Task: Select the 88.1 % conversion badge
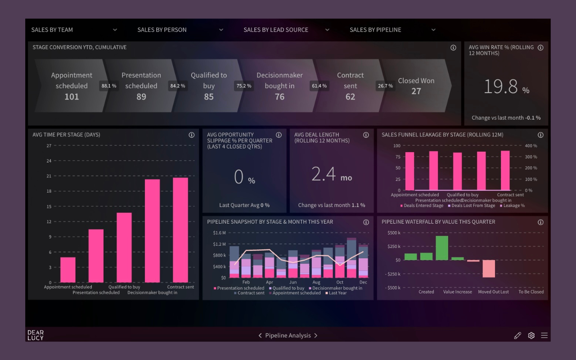109,86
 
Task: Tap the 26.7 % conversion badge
385,86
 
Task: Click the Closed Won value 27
416,91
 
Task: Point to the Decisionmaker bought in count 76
279,97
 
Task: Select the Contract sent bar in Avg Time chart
180,229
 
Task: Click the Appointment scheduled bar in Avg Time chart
68,270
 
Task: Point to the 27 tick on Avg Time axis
49,146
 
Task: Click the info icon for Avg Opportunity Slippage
279,135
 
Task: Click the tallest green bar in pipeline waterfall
442,248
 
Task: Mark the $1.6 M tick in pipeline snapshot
219,233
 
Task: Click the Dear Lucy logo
36,335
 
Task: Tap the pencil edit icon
517,335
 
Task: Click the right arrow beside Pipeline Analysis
316,336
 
